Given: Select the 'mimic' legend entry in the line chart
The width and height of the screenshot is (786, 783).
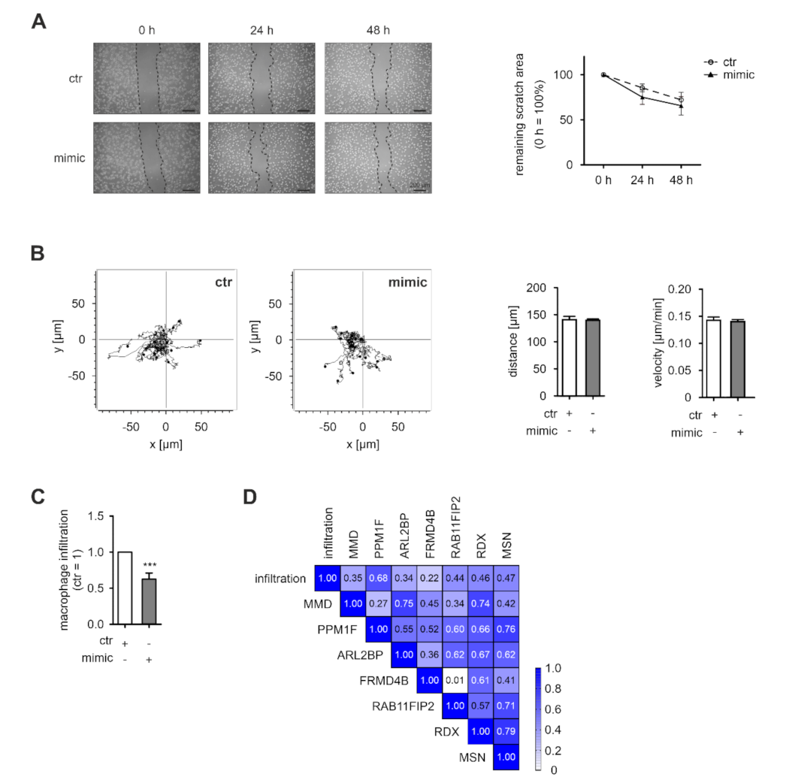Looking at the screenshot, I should coord(736,75).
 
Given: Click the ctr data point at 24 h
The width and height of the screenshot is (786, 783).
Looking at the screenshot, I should coord(642,89).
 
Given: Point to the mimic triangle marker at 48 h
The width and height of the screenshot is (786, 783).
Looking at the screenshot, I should coord(681,106).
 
